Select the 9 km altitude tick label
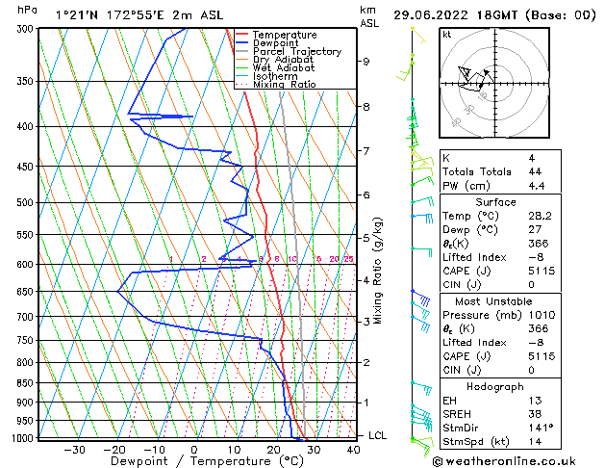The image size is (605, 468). tap(366, 62)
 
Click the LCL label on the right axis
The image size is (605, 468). tap(377, 435)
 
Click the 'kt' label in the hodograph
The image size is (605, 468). tap(446, 35)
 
